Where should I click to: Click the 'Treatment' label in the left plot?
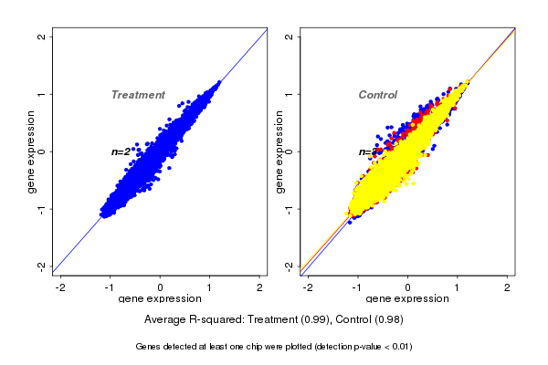(x=138, y=95)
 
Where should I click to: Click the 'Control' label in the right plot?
(x=377, y=95)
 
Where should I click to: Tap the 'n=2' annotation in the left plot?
(x=121, y=151)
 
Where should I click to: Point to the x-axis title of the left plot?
(x=160, y=298)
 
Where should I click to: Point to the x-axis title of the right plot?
(x=408, y=298)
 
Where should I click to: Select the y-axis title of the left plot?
(x=32, y=151)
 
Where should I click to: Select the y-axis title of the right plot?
(x=279, y=151)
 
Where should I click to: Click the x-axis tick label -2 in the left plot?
(x=60, y=287)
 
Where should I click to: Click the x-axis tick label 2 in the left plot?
(x=259, y=287)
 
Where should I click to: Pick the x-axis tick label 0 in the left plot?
(x=161, y=287)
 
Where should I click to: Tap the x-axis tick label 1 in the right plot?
(x=458, y=287)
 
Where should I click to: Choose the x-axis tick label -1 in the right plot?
(x=357, y=287)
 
